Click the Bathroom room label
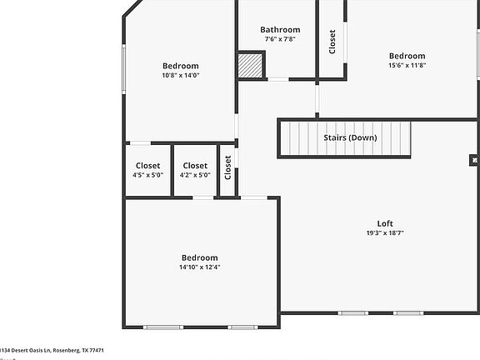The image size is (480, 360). pyautogui.click(x=279, y=30)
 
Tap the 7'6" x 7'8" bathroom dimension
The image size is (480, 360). pyautogui.click(x=279, y=39)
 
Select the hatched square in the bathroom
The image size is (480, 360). pyautogui.click(x=250, y=65)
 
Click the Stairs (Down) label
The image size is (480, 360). pyautogui.click(x=349, y=137)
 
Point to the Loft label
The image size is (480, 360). pyautogui.click(x=384, y=223)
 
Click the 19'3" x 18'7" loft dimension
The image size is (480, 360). pyautogui.click(x=384, y=233)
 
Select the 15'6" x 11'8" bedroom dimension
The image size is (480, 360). pyautogui.click(x=407, y=65)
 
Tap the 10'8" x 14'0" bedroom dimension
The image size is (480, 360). pyautogui.click(x=180, y=75)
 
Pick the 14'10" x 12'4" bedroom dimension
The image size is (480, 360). pyautogui.click(x=198, y=267)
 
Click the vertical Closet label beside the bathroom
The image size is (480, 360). pyautogui.click(x=332, y=42)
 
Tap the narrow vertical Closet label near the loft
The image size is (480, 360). pyautogui.click(x=227, y=167)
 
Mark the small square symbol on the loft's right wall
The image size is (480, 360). pyautogui.click(x=473, y=159)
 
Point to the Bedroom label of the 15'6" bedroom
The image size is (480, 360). pyautogui.click(x=407, y=56)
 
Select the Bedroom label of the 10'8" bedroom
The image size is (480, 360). pyautogui.click(x=180, y=66)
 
